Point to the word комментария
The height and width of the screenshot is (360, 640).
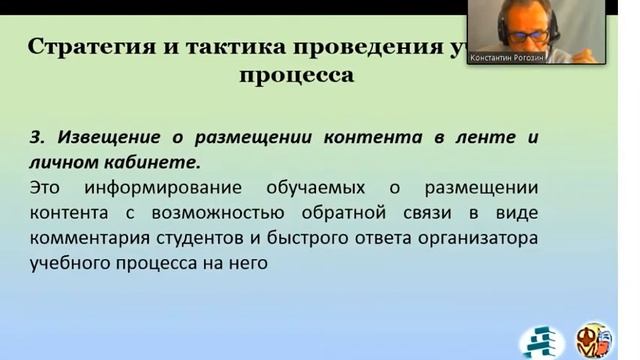tap(90, 239)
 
